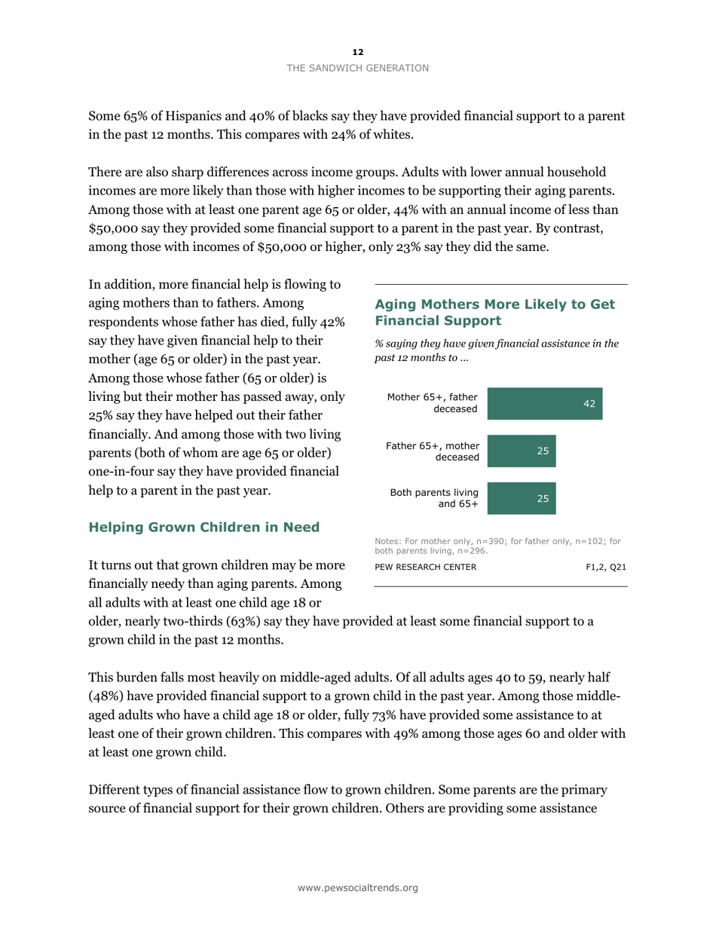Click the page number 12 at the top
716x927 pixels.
[357, 52]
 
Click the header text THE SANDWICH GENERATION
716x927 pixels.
[357, 68]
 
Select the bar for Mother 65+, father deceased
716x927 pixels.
[545, 403]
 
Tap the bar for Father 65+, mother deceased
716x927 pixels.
[522, 451]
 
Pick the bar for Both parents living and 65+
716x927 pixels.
[522, 498]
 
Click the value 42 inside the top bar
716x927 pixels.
[589, 404]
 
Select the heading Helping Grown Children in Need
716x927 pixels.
[204, 527]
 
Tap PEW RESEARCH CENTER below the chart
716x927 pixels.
[425, 567]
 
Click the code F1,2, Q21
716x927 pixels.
[606, 567]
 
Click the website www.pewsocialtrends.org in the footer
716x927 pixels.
[357, 888]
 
